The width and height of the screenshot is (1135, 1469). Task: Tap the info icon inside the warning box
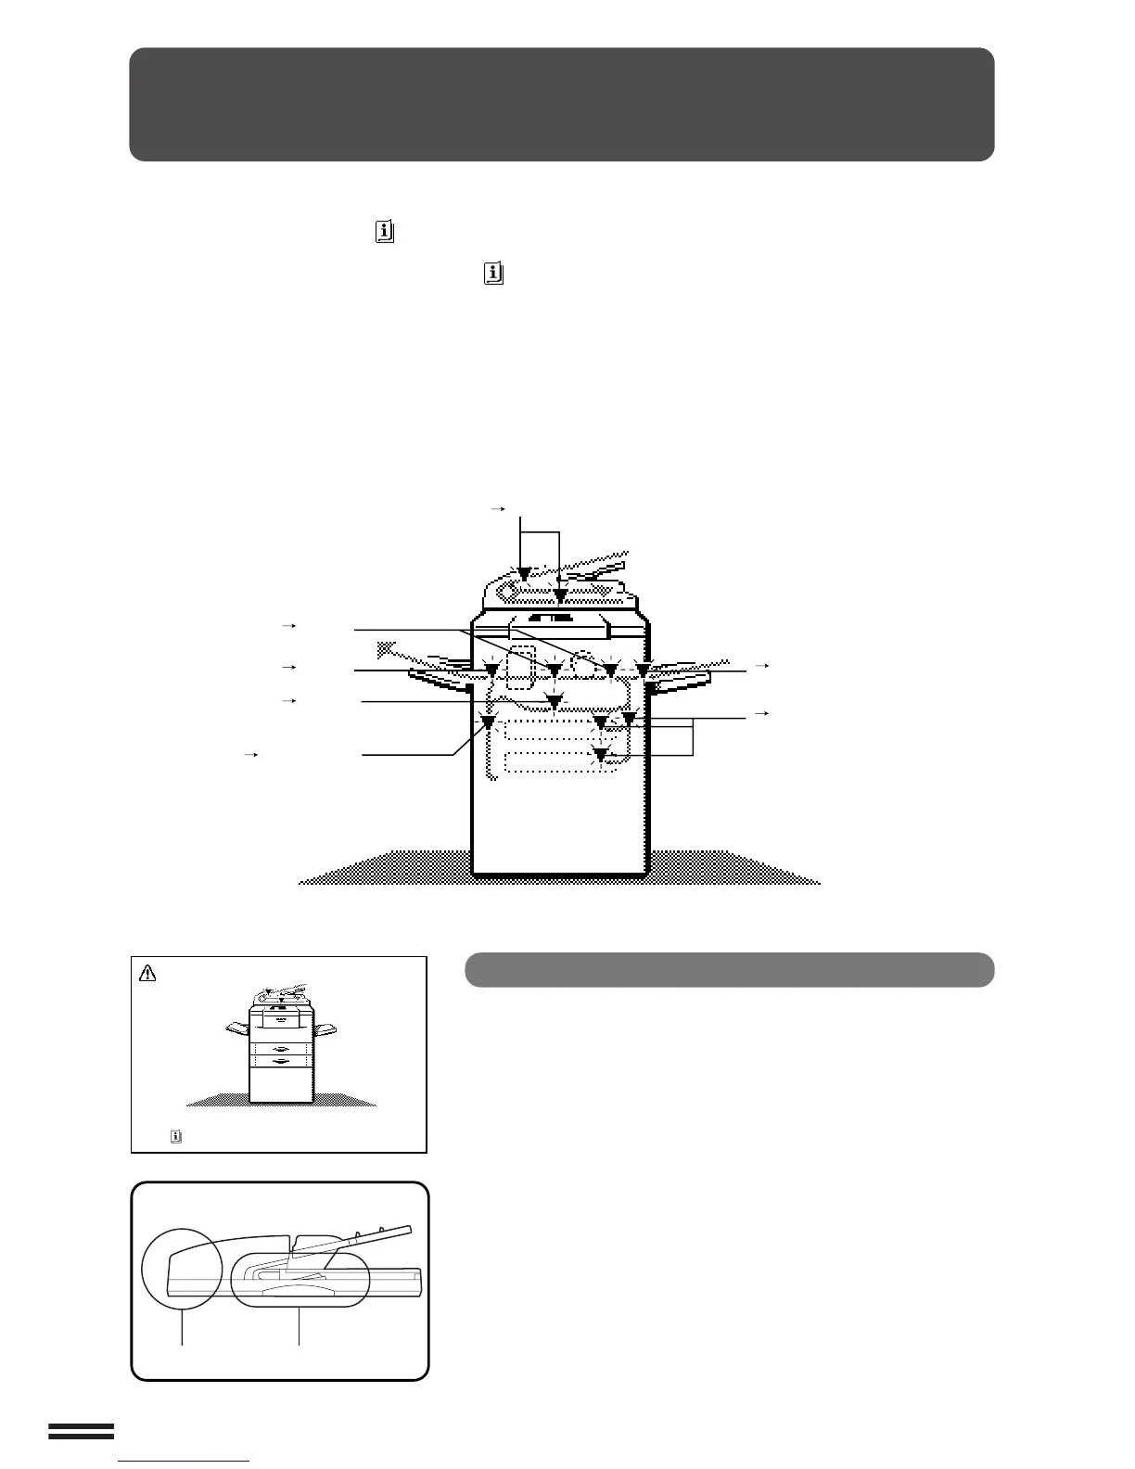[175, 1135]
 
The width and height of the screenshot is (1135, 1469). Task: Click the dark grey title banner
[561, 104]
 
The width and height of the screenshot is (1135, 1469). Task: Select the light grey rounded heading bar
[729, 969]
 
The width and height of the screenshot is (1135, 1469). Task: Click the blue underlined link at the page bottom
[185, 1462]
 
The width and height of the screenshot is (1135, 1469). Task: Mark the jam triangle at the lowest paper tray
[602, 757]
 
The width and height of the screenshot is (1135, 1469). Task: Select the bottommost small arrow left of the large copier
[249, 756]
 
